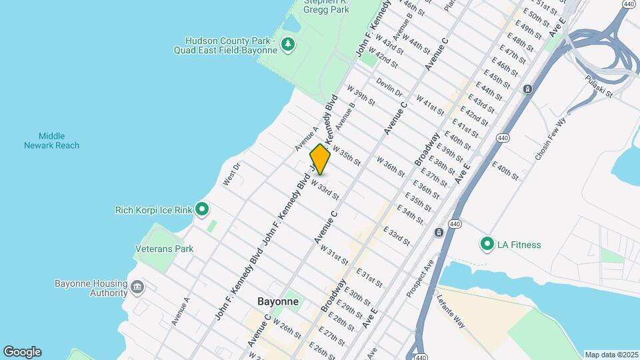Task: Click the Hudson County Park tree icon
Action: coord(288,45)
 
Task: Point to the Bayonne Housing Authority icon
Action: coord(137,287)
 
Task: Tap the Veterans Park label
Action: coord(164,249)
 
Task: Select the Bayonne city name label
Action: coord(277,301)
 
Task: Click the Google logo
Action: coord(22,352)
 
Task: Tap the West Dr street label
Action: coord(231,175)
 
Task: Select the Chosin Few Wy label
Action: coord(550,139)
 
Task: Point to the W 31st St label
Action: coord(334,254)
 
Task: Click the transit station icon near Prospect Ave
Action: coord(439,233)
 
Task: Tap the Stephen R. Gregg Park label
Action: coord(326,6)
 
